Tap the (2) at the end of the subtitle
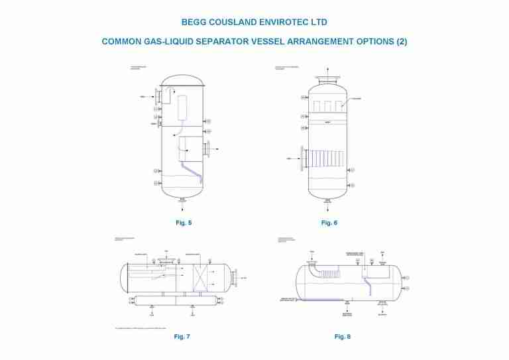(x=401, y=42)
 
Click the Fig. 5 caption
(x=184, y=223)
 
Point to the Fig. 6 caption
(x=329, y=223)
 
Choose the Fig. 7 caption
(x=182, y=337)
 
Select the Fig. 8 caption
(x=343, y=337)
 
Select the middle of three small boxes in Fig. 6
(x=327, y=106)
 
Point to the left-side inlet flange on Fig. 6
(x=304, y=159)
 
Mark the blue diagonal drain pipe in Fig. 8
(x=367, y=284)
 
